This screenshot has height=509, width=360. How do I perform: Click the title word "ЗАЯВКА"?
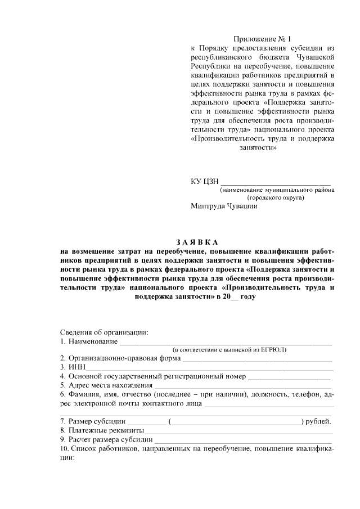coord(197,242)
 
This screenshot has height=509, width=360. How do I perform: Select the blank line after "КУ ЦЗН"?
coord(277,182)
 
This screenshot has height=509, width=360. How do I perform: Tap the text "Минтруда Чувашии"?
coord(224,206)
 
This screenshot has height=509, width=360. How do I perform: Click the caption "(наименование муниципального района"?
coord(277,190)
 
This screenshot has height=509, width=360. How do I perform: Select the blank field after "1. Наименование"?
coord(225,343)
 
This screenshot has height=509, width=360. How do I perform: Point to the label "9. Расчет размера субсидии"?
coord(106,440)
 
